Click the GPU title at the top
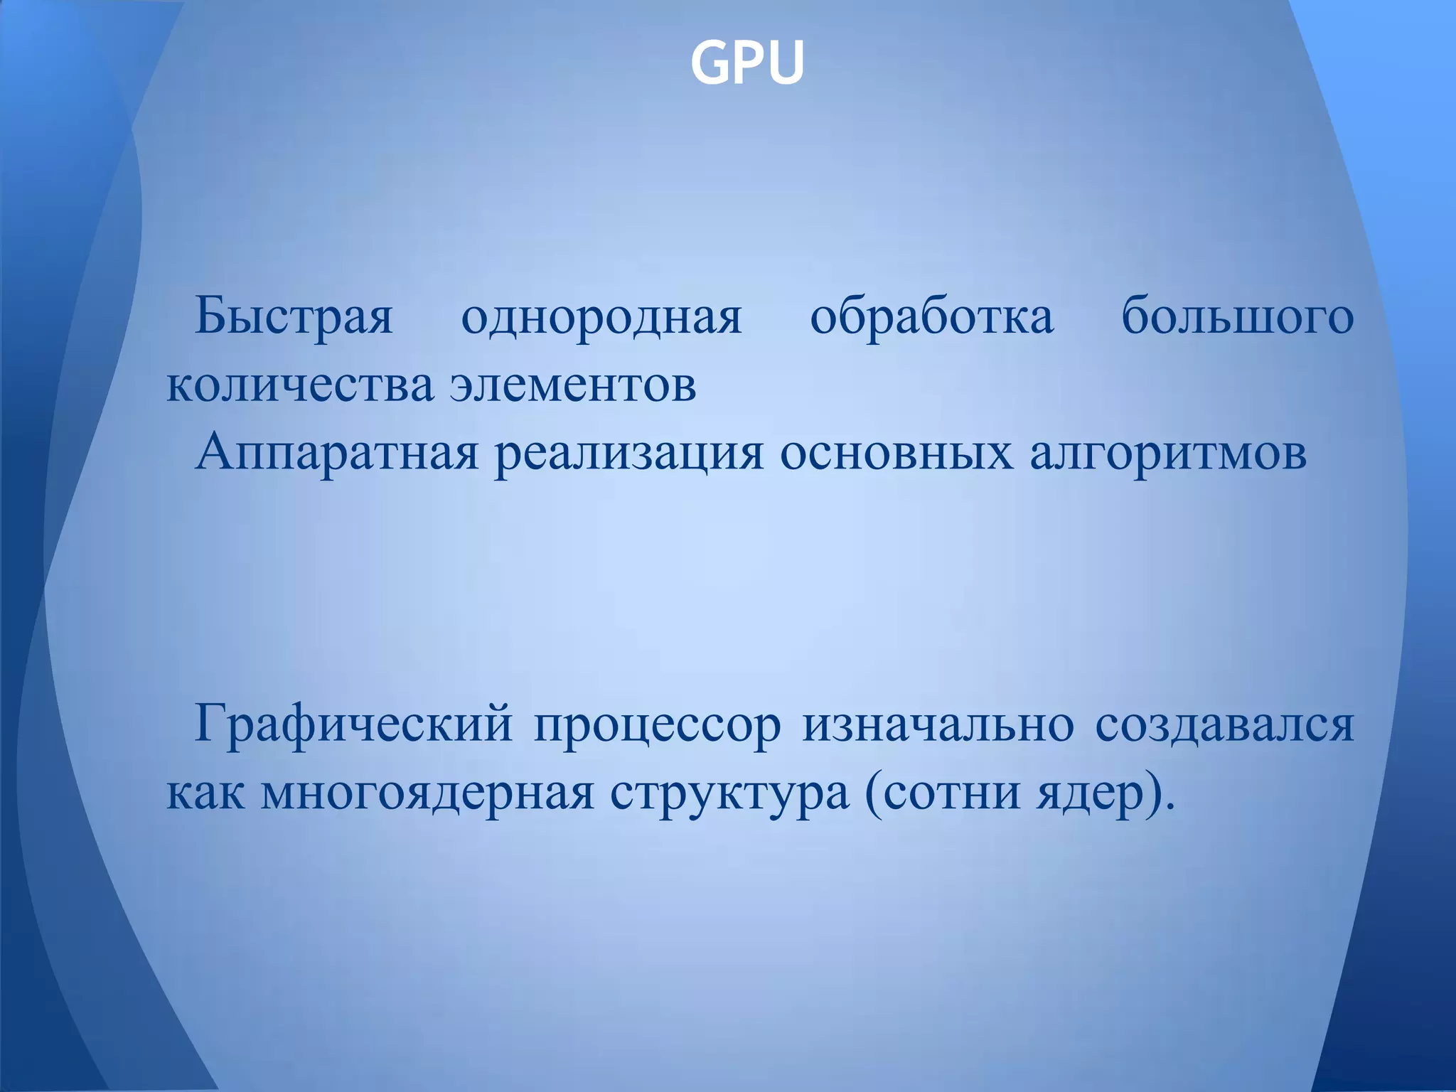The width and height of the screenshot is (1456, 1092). point(746,63)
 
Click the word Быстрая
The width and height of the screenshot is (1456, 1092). point(294,316)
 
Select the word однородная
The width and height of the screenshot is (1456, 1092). point(601,316)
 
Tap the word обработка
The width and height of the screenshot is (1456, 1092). point(931,316)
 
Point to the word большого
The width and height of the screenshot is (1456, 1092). point(1238,316)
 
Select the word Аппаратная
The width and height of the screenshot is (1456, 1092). point(337,453)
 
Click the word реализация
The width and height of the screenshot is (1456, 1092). point(629,453)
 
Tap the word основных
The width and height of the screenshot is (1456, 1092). point(896,453)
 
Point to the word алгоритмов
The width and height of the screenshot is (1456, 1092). point(1168,453)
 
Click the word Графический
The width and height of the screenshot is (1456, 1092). point(353,725)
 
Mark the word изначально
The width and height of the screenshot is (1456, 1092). point(938,725)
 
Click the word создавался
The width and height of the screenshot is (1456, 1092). point(1224,725)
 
